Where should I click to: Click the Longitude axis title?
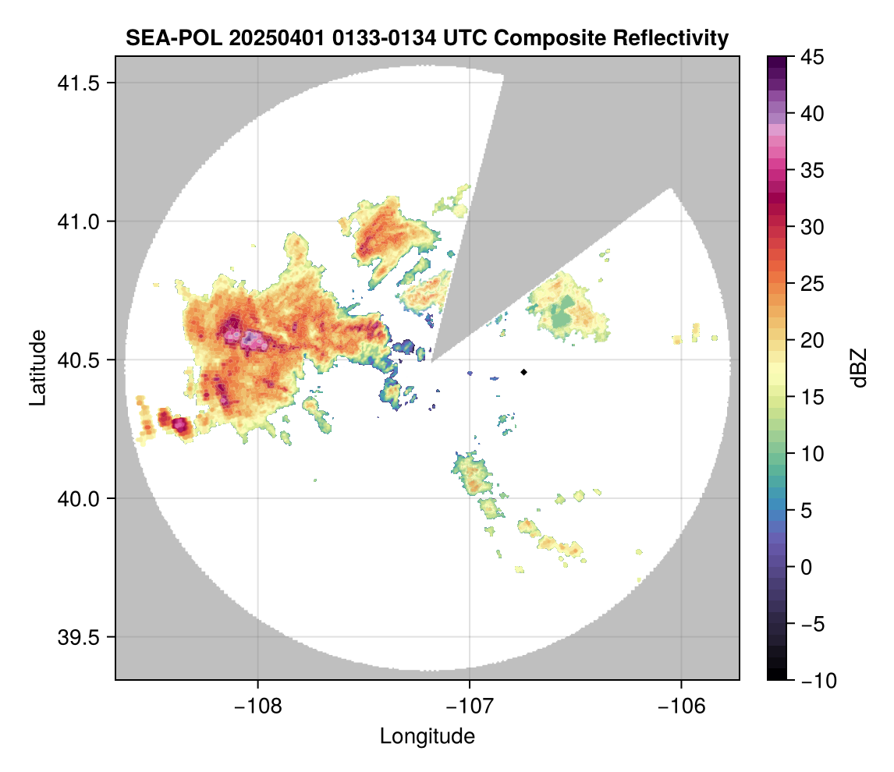[x=427, y=735]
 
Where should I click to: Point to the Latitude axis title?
[x=37, y=367]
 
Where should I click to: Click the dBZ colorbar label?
[x=859, y=368]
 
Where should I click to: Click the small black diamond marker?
[x=524, y=372]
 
